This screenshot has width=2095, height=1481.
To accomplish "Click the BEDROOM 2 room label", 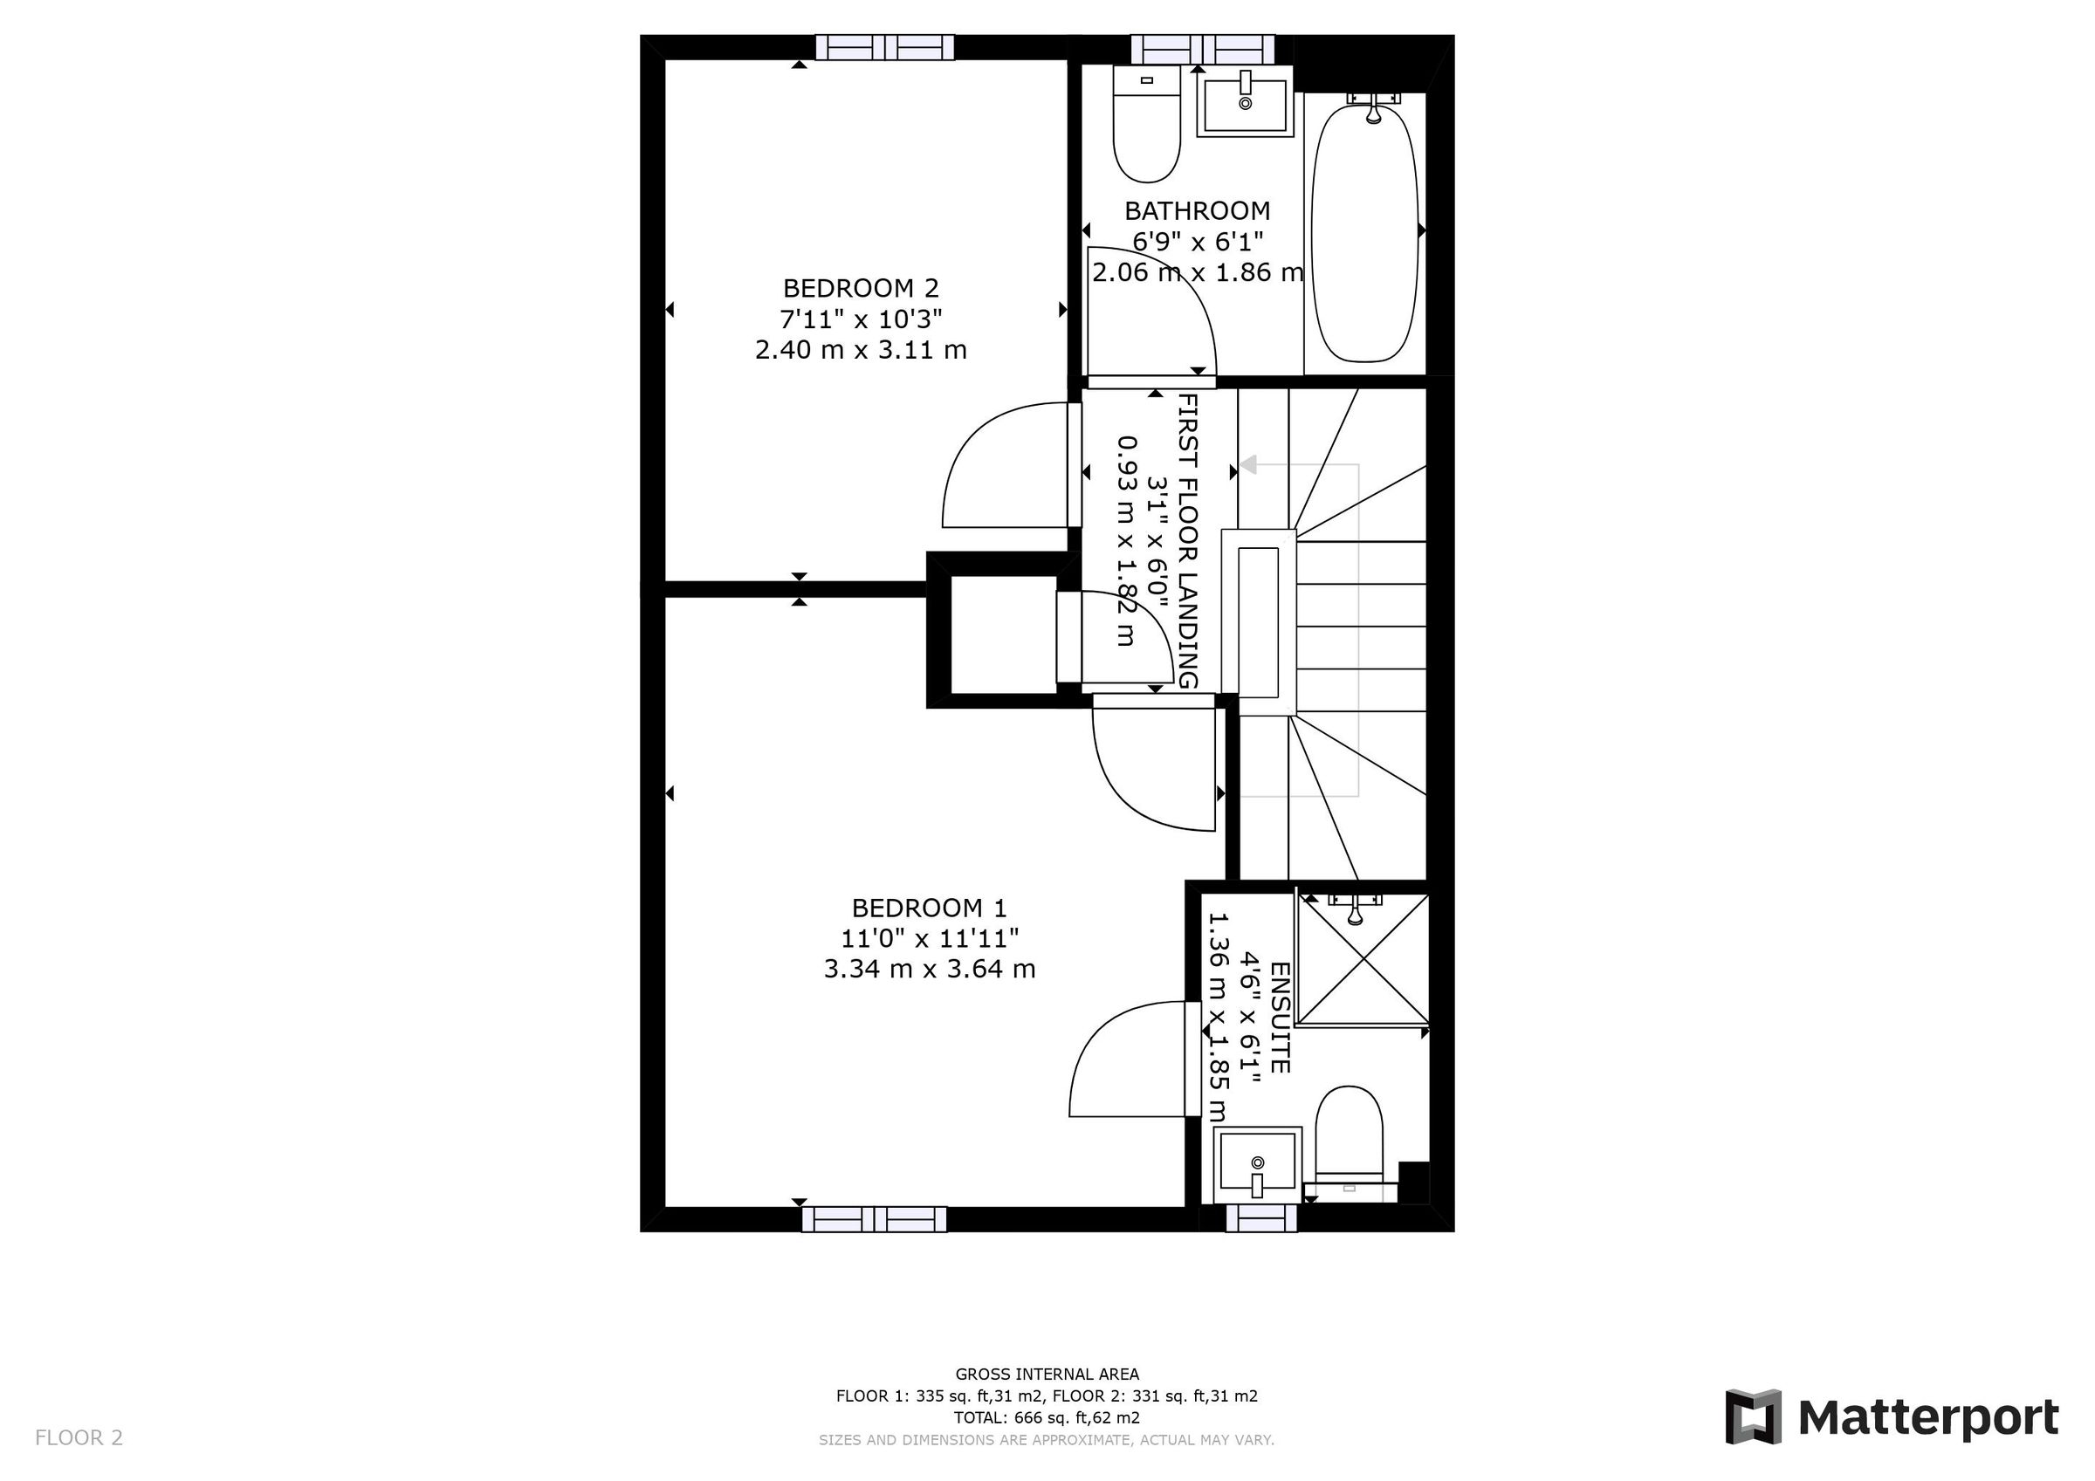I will coord(861,288).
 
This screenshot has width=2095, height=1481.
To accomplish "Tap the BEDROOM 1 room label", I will coord(929,908).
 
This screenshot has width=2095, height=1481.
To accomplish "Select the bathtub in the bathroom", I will coord(1364,234).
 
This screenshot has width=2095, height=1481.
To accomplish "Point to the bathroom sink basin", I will coord(1245,106).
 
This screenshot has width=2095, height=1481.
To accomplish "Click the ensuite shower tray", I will coord(1363,959).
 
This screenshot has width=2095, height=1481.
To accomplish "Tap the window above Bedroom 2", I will coord(884,47).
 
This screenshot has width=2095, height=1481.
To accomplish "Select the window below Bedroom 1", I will coord(873,1219).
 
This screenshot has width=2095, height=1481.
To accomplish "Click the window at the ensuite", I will coord(1261,1218).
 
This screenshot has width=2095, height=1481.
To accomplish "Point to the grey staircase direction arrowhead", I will coord(1247,464).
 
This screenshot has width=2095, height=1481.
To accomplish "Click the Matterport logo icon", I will coord(1752,1417).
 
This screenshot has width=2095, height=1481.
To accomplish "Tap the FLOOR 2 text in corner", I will coord(79,1438).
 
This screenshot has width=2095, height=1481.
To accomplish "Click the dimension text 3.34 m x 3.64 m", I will coord(929,969).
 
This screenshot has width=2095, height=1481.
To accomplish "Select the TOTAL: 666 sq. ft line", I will coord(1047,1417).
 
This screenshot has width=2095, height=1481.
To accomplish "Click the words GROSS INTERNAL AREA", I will coord(1047,1374).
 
